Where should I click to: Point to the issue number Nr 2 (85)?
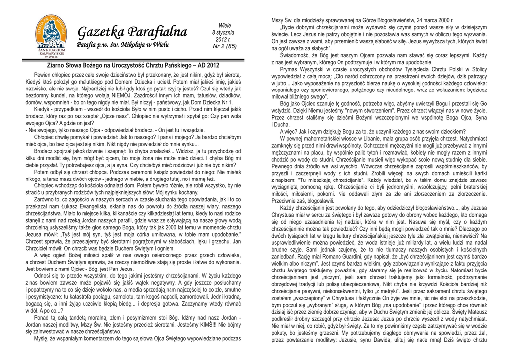[224, 46]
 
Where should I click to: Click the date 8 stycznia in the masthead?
[224, 32]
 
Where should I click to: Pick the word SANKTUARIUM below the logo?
[48, 50]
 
